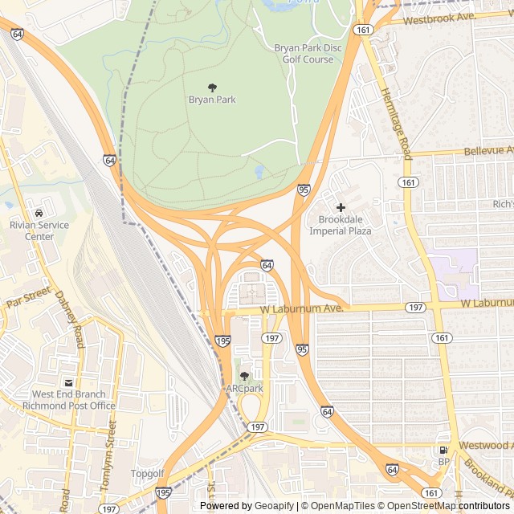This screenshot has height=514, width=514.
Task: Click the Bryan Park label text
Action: tap(212, 100)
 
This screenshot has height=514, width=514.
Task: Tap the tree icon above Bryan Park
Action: tap(212, 87)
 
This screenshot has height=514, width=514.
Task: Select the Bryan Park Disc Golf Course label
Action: tap(308, 54)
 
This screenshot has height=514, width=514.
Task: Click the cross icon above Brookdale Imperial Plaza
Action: tap(341, 207)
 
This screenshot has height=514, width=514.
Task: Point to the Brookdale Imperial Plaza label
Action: tap(345, 225)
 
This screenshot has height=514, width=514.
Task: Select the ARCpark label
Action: tap(244, 389)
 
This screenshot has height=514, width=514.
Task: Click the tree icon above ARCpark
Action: tap(244, 376)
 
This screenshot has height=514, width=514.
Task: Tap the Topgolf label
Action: tap(148, 474)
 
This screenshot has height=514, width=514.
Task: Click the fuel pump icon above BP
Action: tap(443, 450)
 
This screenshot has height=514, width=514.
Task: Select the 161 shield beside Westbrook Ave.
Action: tap(364, 30)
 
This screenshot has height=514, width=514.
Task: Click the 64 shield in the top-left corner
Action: tap(17, 34)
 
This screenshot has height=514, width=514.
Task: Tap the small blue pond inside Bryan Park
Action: tap(259, 172)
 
